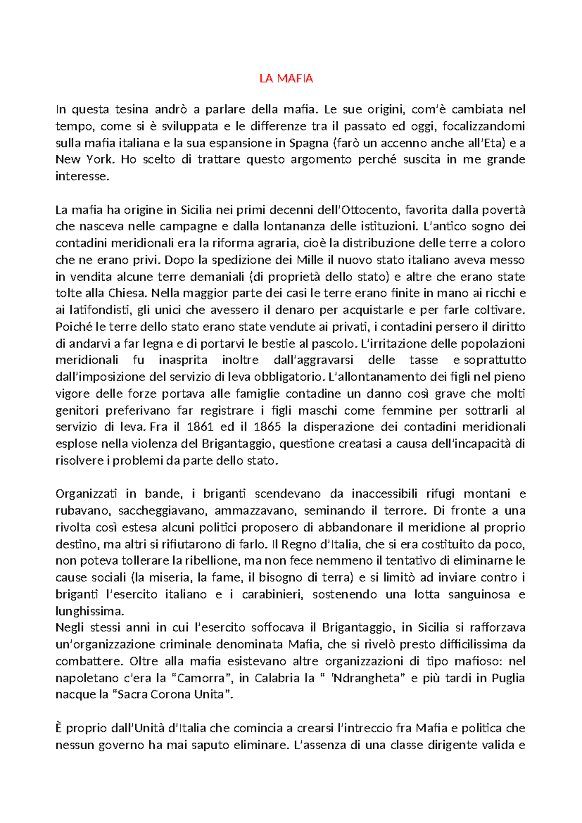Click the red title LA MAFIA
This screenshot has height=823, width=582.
click(286, 79)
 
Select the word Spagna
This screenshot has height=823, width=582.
click(308, 143)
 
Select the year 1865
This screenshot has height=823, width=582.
click(267, 427)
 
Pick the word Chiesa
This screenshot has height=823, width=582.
click(127, 293)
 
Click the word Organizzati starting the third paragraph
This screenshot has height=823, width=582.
click(86, 494)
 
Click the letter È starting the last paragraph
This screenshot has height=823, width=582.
click(59, 728)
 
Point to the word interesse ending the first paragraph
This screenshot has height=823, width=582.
click(82, 176)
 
